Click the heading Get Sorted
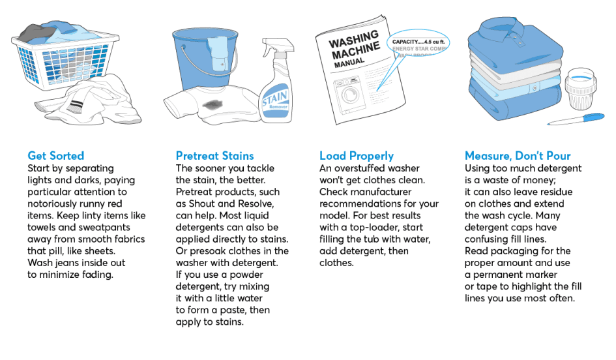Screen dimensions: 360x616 tap(55, 156)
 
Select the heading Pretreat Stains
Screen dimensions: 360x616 tap(214, 156)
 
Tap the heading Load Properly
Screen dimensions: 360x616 tap(356, 156)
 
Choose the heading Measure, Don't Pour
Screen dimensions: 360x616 tap(518, 156)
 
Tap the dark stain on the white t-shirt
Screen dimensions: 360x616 tap(212, 103)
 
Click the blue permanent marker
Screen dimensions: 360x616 tap(577, 119)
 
